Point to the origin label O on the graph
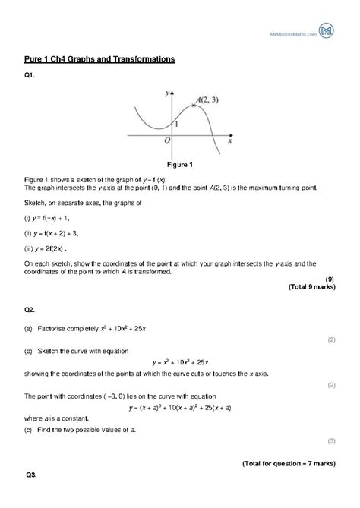tap(167, 141)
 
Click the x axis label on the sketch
tap(229, 140)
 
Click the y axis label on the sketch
tap(166, 92)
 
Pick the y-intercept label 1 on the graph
tap(176, 123)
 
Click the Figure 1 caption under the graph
tap(180, 164)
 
